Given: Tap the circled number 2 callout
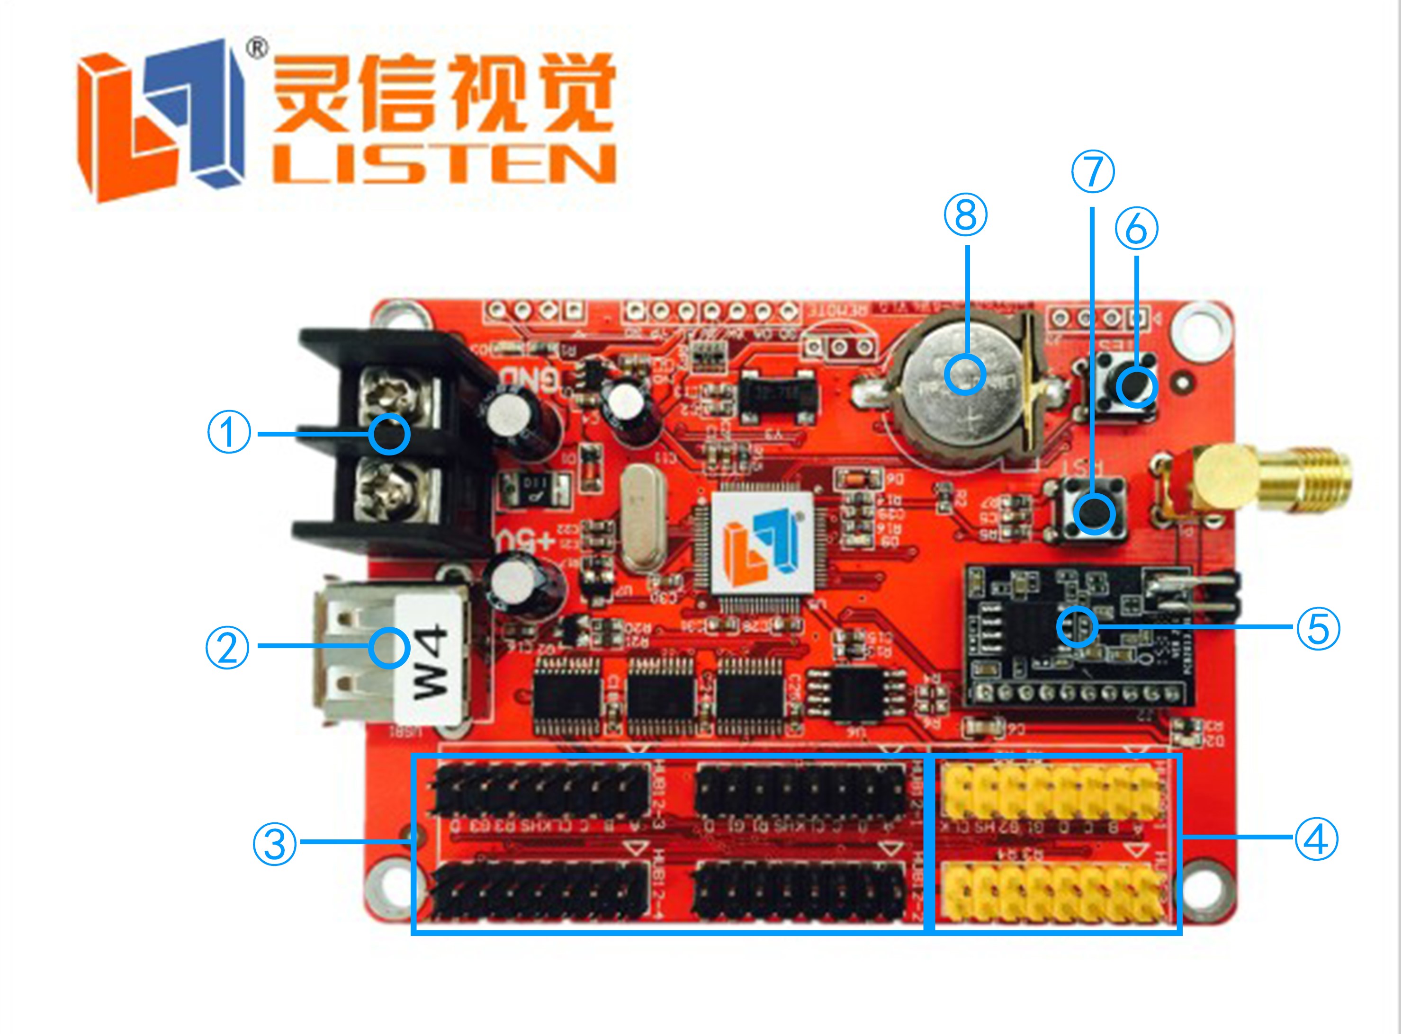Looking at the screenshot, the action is coord(227,647).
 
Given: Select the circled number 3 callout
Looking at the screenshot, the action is coord(274,844).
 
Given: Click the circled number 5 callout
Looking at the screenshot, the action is coord(1318,628).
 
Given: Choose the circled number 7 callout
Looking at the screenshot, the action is coord(1093,171).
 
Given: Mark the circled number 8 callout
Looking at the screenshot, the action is coord(966,214).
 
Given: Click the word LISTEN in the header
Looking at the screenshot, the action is coord(445,165).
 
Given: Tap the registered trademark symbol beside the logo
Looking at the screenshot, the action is coord(257,48).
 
